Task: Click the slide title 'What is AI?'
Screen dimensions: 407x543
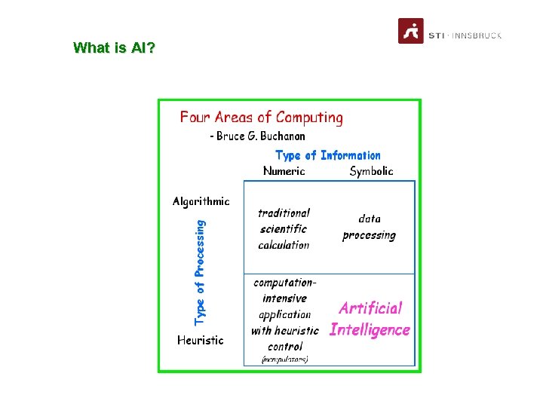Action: pyautogui.click(x=115, y=48)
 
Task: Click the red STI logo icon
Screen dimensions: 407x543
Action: pyautogui.click(x=411, y=31)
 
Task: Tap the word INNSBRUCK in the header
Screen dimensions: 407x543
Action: pyautogui.click(x=478, y=35)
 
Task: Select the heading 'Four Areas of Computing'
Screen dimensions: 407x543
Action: pyautogui.click(x=261, y=118)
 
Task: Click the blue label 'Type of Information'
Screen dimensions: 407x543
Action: pyautogui.click(x=328, y=155)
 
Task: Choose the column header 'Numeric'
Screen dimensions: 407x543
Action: pyautogui.click(x=284, y=171)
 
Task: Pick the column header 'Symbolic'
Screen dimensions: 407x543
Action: pyautogui.click(x=371, y=171)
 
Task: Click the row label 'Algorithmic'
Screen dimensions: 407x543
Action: pyautogui.click(x=201, y=201)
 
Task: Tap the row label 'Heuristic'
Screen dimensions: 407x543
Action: pyautogui.click(x=200, y=340)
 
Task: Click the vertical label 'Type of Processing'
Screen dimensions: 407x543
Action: pyautogui.click(x=200, y=272)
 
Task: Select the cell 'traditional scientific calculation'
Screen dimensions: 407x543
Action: pyautogui.click(x=284, y=229)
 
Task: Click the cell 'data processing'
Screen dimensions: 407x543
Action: pyautogui.click(x=369, y=227)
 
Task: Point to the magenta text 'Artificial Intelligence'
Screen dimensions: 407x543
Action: pyautogui.click(x=370, y=319)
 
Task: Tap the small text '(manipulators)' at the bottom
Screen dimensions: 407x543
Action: pyautogui.click(x=284, y=360)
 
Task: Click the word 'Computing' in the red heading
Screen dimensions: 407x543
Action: pyautogui.click(x=309, y=118)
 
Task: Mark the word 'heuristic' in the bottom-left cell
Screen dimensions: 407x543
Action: pyautogui.click(x=296, y=330)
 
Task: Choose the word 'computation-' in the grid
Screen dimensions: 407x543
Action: pyautogui.click(x=285, y=283)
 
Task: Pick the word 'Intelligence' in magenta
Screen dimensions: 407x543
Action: pyautogui.click(x=370, y=329)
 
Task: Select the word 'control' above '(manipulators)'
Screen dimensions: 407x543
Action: pyautogui.click(x=284, y=347)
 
